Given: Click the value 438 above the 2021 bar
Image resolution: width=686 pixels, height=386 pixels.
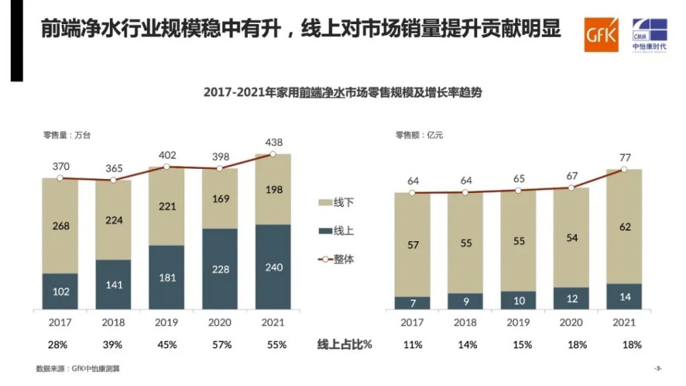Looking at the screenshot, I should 273,142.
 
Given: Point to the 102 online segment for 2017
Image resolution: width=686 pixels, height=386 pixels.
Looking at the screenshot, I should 60,292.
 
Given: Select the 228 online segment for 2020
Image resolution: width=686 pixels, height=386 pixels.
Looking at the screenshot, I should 220,269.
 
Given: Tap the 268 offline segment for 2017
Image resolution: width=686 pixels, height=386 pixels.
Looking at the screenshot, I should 60,226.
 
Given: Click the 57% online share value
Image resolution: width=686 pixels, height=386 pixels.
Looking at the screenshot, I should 220,345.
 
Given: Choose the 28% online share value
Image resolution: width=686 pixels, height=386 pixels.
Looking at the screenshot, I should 60,345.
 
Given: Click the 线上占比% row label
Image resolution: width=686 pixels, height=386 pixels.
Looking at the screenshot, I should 344,345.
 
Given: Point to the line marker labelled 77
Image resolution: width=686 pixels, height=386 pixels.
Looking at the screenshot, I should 624,170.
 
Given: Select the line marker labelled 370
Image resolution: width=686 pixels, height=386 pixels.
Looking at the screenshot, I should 60,178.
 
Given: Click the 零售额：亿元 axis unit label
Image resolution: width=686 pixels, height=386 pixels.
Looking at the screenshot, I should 419,135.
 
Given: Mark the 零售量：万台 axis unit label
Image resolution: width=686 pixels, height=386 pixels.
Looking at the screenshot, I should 67,135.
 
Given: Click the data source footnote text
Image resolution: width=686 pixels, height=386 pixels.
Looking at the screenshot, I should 78,369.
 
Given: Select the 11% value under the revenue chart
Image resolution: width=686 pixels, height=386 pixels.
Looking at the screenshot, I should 413,345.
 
